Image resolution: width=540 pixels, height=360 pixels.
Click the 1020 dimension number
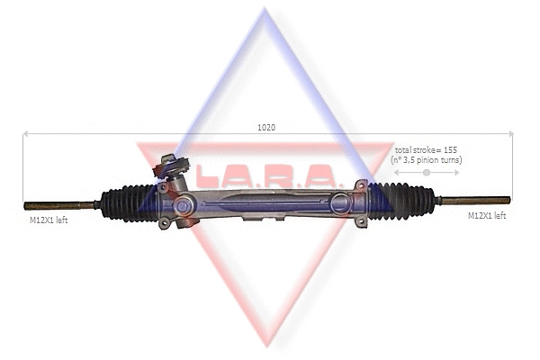[x=265, y=127]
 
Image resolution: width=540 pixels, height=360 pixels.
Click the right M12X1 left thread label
[x=487, y=215]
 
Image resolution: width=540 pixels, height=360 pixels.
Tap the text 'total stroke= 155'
[x=427, y=148]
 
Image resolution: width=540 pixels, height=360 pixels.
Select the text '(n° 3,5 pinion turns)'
[x=427, y=159]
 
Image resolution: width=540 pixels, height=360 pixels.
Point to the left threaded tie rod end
[x=58, y=205]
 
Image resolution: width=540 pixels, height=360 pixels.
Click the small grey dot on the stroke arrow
[x=427, y=172]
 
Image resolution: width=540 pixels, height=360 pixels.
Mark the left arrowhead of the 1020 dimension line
[x=25, y=134]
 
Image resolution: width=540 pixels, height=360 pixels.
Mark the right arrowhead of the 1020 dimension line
[x=510, y=134]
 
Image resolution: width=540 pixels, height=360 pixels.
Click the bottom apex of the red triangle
[x=265, y=345]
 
